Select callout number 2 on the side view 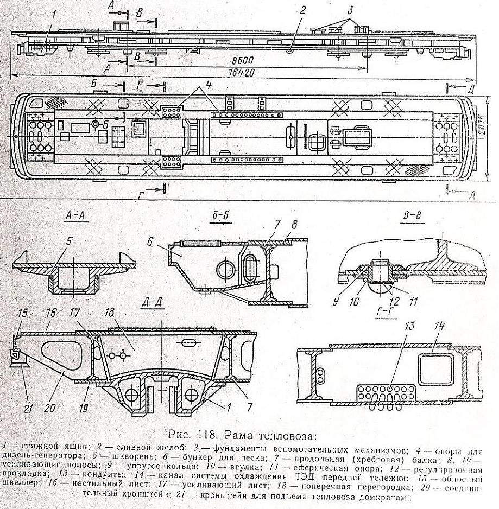pyautogui.click(x=303, y=9)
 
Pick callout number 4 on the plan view pyautogui.click(x=209, y=84)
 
